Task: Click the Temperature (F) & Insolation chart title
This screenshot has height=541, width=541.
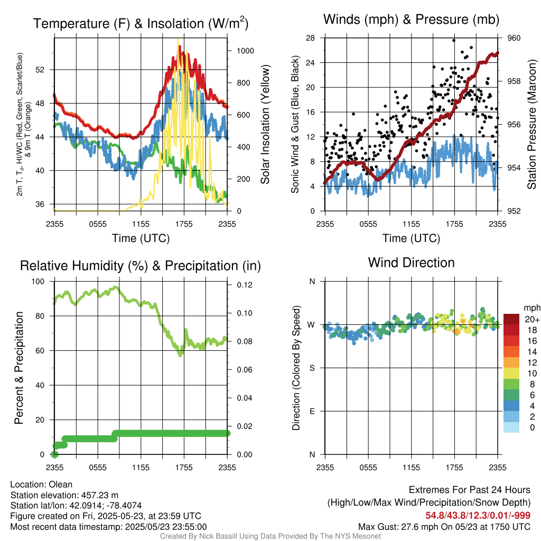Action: [x=141, y=23]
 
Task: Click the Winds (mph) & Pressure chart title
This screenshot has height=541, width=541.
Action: [x=411, y=20]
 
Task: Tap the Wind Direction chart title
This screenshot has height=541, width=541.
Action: [x=411, y=262]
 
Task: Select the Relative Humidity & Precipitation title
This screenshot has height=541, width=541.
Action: [x=141, y=266]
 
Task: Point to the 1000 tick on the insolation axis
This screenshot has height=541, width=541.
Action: [x=246, y=51]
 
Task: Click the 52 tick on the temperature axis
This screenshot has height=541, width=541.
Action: [x=45, y=70]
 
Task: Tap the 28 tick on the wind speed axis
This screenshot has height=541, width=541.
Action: [x=311, y=38]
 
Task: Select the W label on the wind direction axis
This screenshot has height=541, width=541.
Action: [x=312, y=324]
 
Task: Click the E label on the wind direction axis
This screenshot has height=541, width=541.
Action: [x=312, y=411]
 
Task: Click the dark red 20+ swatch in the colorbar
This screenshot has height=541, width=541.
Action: [x=511, y=319]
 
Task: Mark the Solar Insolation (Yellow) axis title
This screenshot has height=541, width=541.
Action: [x=265, y=125]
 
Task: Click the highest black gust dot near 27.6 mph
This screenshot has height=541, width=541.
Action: [x=454, y=40]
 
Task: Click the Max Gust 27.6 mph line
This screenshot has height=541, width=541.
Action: [x=444, y=527]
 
